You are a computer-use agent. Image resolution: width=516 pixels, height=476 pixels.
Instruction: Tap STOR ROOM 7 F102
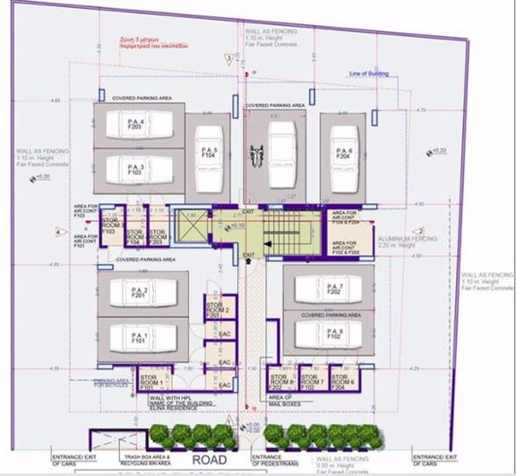coord(311,382)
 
